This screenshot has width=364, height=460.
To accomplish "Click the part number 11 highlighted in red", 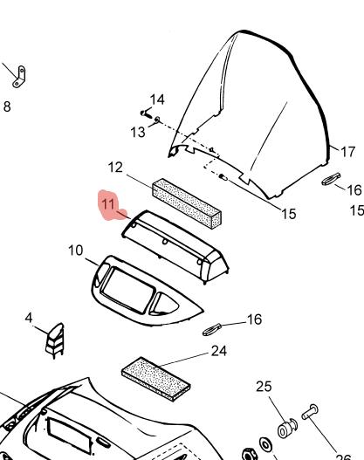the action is (107, 203).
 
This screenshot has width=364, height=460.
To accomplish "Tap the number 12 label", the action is (115, 168).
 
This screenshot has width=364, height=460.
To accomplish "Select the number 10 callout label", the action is (76, 251).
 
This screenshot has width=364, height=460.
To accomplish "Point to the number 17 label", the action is (348, 152).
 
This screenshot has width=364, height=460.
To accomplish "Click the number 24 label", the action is (219, 351).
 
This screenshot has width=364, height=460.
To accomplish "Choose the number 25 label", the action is (264, 387).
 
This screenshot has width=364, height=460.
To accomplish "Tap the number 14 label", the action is (157, 100).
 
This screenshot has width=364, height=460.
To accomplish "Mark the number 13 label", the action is (138, 133).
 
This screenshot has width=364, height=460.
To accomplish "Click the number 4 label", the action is (29, 318).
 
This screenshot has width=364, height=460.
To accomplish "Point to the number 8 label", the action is (7, 106).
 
